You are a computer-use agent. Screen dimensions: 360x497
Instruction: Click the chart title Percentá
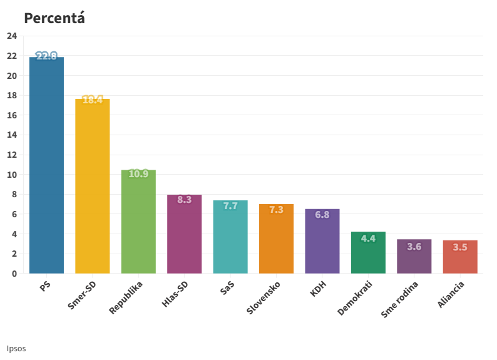[x=54, y=18]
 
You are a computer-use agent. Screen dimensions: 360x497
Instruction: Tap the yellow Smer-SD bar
[x=93, y=188]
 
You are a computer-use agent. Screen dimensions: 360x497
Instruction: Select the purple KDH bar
[x=322, y=244]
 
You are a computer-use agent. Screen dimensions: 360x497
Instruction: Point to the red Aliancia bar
[x=460, y=258]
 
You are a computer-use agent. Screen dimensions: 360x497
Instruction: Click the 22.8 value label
[x=46, y=56]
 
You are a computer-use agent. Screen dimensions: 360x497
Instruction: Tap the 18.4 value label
[x=93, y=100]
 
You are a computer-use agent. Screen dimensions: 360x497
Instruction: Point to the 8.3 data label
[x=184, y=200]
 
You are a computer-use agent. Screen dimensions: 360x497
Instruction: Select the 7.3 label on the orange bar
[x=276, y=210]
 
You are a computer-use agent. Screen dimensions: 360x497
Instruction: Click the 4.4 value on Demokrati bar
[x=368, y=238]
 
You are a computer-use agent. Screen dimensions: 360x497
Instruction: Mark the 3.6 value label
[x=414, y=247]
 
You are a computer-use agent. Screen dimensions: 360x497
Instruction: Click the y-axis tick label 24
[x=11, y=36]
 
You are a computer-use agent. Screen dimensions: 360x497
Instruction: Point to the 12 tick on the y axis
[x=11, y=155]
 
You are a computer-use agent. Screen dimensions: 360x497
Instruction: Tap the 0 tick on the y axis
[x=14, y=274]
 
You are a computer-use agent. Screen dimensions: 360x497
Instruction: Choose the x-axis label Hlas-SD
[x=175, y=293]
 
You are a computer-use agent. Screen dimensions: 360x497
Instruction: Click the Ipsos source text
[x=16, y=348]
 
